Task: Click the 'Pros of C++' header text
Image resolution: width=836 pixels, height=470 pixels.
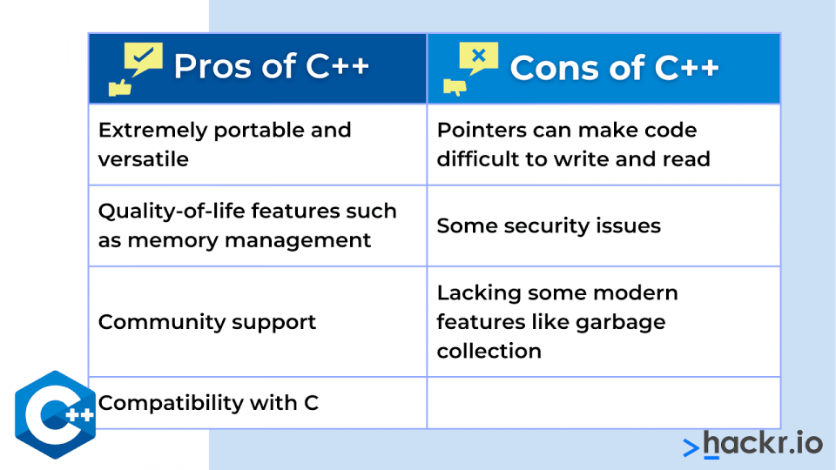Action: (x=271, y=67)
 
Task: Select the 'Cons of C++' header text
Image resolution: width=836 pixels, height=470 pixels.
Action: (x=614, y=68)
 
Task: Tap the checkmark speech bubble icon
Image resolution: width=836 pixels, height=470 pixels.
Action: (x=143, y=58)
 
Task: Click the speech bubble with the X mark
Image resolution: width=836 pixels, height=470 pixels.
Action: (x=478, y=57)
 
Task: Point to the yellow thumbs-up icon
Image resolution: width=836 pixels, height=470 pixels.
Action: (x=120, y=88)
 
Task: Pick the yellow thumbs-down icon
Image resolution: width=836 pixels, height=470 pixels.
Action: (x=455, y=87)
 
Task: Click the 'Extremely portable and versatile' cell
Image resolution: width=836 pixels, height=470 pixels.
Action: (x=258, y=144)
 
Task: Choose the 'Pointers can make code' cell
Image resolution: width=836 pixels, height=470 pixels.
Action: (x=603, y=144)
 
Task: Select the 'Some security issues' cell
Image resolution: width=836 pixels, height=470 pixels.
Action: (x=603, y=226)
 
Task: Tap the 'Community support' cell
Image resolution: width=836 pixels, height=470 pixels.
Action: (x=258, y=322)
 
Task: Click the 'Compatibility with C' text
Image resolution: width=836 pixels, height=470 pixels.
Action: (x=208, y=403)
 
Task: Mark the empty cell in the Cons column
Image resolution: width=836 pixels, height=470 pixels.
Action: (x=603, y=403)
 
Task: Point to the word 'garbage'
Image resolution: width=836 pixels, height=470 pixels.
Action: (x=621, y=323)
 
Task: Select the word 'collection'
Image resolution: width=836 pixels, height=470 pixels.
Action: (x=489, y=351)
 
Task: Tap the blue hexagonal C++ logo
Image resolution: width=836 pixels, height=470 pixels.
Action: (x=56, y=414)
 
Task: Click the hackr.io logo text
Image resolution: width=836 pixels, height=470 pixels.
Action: (x=763, y=443)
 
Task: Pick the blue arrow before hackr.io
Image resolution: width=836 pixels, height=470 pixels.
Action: (x=691, y=447)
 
